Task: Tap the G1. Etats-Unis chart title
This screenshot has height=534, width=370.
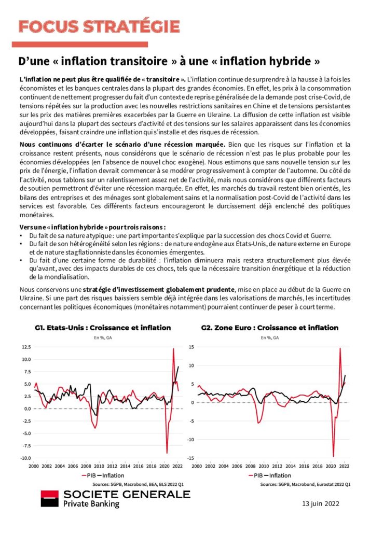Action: coord(103,328)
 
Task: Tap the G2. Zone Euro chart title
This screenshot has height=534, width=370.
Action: coord(269,328)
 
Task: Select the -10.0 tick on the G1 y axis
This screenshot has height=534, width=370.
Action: coord(24,458)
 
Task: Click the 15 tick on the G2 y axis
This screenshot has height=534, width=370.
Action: coord(191,347)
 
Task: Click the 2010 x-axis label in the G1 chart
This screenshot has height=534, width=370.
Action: coord(99,466)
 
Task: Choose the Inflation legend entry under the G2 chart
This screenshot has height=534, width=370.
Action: coord(278,475)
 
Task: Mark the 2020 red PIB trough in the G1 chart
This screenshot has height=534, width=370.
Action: coord(167,453)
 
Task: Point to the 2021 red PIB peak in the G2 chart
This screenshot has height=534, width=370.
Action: coord(340,348)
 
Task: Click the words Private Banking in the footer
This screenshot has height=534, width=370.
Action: coord(91,504)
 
